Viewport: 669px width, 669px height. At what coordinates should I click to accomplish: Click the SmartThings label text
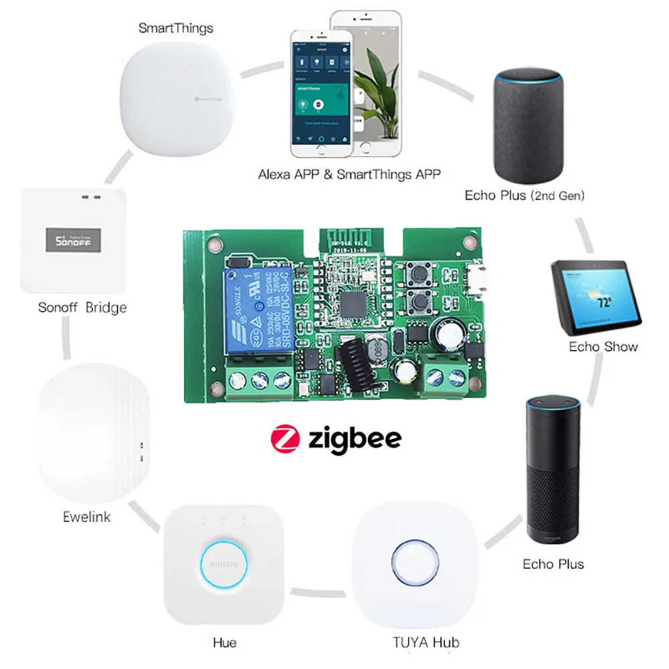click(175, 27)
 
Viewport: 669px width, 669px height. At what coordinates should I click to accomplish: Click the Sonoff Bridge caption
click(82, 308)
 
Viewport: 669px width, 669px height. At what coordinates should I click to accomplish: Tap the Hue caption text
click(224, 642)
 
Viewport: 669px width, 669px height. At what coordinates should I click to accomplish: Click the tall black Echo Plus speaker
click(553, 468)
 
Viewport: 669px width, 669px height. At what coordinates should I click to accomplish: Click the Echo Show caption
click(603, 347)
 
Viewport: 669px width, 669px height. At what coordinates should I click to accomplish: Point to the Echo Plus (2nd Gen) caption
click(524, 196)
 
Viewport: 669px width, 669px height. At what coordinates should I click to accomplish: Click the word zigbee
click(355, 439)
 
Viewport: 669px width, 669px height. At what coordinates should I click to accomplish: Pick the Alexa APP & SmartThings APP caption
click(349, 175)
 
